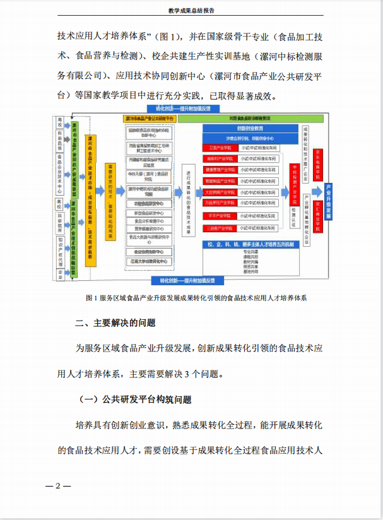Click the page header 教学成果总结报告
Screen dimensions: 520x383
(191, 10)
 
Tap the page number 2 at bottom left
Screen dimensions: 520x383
(57, 486)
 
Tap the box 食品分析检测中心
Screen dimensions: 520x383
(147, 221)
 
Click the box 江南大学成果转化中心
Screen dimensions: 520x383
(147, 261)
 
